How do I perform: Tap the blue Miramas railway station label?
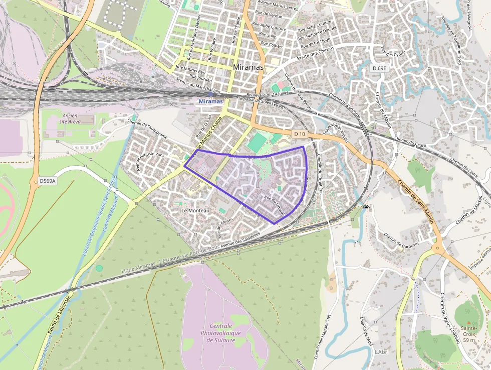(210, 101)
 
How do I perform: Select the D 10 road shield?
(300, 134)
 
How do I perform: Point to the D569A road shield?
(48, 181)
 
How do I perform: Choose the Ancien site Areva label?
(70, 118)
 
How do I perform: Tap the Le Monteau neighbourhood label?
(195, 211)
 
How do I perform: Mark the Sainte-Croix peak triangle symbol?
(468, 323)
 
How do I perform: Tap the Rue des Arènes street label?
(226, 228)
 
